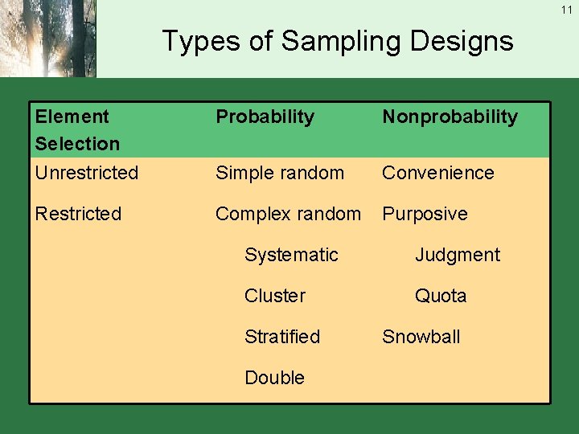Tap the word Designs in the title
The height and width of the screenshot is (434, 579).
click(x=464, y=41)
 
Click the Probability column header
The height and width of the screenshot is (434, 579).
click(x=265, y=117)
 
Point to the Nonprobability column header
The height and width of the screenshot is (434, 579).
click(x=450, y=117)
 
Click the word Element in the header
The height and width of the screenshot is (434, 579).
click(x=72, y=117)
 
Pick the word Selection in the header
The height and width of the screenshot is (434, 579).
click(x=77, y=144)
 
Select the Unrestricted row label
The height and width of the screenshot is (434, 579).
click(x=87, y=173)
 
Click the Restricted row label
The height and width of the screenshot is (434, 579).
click(x=78, y=214)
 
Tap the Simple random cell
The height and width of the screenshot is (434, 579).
click(x=279, y=173)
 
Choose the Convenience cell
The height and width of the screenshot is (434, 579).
click(x=437, y=173)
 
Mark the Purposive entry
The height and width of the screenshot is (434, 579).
click(x=425, y=214)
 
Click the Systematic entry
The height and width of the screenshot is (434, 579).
click(x=291, y=255)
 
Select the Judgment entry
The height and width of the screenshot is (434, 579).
click(x=457, y=255)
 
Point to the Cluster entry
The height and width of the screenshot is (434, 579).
click(x=275, y=296)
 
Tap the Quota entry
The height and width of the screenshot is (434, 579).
click(x=440, y=296)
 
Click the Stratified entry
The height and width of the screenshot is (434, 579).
click(x=282, y=337)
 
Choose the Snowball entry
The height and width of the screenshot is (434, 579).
click(x=421, y=337)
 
